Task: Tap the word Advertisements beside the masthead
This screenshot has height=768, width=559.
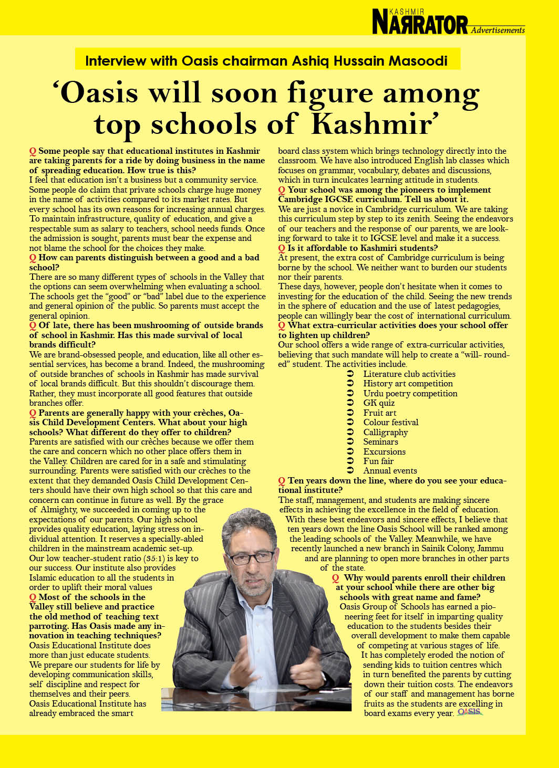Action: [498, 30]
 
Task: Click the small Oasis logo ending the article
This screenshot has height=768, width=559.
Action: [469, 712]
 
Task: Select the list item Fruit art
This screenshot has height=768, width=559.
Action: [379, 413]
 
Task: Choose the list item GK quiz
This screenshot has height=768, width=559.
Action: [379, 403]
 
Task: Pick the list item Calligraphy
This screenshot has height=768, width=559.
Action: [385, 432]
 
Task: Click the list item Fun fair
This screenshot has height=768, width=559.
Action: [378, 461]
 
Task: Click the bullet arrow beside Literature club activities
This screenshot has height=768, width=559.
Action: [350, 374]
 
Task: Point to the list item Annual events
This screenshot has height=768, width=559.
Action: [390, 471]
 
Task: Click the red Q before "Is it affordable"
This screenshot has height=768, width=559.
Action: [282, 248]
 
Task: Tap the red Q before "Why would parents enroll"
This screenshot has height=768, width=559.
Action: [335, 578]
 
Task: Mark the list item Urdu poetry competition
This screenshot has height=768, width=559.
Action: [410, 393]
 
